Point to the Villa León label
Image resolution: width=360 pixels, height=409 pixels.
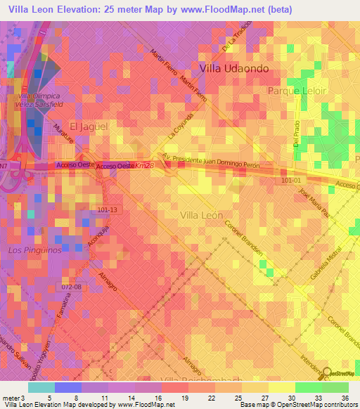tap(201, 215)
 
